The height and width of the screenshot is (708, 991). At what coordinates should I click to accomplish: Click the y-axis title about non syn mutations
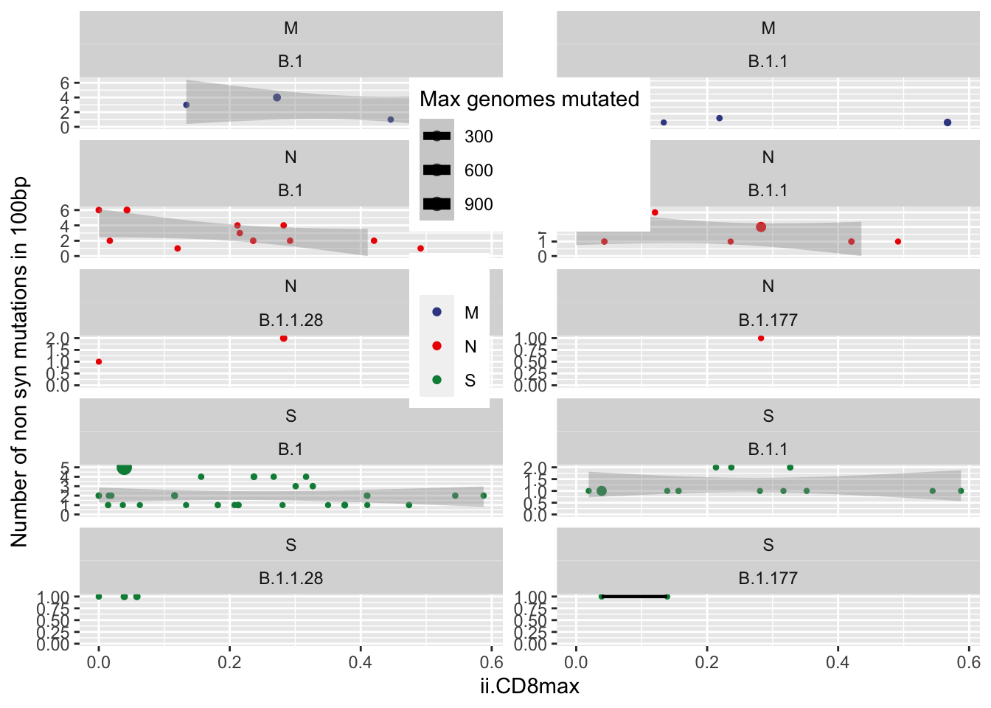tap(19, 361)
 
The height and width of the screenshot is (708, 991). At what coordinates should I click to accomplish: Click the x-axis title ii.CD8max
tap(529, 687)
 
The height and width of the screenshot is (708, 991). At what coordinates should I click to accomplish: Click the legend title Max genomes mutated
tap(529, 99)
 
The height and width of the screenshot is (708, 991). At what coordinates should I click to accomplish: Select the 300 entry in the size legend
tap(437, 136)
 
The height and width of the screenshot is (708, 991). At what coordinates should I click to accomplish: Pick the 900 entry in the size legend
tap(437, 204)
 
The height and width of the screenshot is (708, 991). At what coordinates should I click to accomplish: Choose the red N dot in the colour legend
tap(437, 346)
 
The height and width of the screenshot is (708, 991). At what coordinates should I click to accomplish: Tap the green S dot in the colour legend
tap(437, 380)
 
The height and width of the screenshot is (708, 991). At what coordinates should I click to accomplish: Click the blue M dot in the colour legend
tap(437, 312)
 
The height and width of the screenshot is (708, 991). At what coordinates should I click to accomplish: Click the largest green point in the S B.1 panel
tap(124, 468)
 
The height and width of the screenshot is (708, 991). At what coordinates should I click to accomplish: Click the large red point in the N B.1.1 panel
tap(761, 227)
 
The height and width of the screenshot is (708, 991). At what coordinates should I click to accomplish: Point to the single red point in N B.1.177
tap(761, 339)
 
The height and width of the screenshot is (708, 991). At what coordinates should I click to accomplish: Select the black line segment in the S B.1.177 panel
tap(634, 597)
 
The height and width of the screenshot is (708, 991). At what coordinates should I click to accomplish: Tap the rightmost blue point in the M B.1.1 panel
tap(947, 122)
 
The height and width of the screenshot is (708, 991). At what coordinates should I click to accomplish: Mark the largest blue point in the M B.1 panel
tap(277, 97)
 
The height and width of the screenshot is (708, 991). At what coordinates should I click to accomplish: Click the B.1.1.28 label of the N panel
tap(291, 320)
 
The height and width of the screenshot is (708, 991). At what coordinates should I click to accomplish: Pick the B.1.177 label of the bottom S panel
tap(768, 578)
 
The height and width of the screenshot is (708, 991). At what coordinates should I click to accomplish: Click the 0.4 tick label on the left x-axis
tap(361, 662)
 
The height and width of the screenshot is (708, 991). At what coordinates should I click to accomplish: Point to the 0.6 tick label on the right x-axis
tap(969, 662)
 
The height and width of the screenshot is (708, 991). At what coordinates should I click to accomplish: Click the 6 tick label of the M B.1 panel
tap(65, 83)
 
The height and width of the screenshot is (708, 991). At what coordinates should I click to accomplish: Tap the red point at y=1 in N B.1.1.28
tap(99, 361)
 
